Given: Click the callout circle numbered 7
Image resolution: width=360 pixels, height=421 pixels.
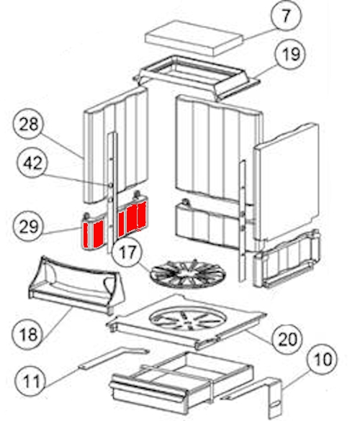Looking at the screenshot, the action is point(286,16).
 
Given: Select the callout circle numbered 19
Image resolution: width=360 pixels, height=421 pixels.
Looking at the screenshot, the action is point(291,54).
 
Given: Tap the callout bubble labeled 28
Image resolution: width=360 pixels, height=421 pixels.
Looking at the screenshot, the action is point(28,124).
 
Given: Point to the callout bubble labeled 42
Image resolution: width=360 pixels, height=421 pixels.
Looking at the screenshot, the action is point(32,163).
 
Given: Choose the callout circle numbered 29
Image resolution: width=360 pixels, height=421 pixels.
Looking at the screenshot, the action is point(28,226).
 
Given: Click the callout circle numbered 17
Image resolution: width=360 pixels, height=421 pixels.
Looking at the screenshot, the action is point(127,252).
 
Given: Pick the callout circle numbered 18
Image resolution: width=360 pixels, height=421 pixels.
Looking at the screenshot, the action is point(27,334).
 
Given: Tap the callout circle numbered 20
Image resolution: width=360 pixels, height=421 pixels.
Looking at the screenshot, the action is point(287,339).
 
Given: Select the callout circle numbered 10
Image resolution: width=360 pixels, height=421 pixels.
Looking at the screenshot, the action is point(323,359).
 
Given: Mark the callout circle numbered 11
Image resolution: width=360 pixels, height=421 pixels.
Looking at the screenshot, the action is point(32,381).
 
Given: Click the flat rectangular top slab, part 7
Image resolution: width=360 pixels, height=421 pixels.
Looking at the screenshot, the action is point(194,37).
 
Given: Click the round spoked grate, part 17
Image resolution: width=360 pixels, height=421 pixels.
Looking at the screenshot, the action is point(188,274).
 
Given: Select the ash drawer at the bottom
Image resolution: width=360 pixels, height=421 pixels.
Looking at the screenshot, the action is point(181,381).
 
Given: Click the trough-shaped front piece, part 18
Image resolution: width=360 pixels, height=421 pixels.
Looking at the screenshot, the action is point(76,284).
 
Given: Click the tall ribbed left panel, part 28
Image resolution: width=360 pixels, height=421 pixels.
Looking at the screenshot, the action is point(116,145).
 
